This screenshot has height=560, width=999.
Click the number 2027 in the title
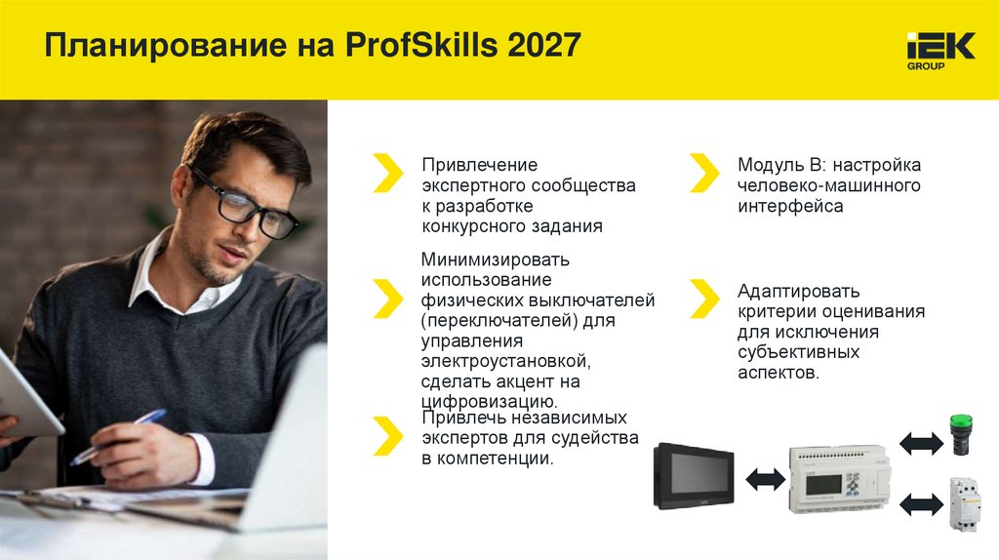pos(544,45)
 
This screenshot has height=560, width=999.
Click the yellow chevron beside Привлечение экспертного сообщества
pos(387,173)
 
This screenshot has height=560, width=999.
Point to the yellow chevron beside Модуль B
pos(703,173)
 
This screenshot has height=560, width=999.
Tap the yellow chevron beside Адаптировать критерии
pos(703,299)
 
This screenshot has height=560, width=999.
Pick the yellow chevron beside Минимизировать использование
pos(387,298)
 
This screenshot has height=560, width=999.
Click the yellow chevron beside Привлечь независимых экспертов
pos(387,436)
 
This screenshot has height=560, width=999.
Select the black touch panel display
pos(695,474)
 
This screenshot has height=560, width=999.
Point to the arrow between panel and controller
pos(765,478)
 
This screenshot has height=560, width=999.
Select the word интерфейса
pos(790,207)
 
